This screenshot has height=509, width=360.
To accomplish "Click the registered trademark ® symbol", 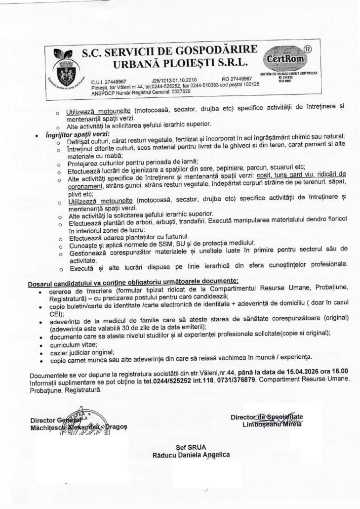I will coord(307,49).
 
